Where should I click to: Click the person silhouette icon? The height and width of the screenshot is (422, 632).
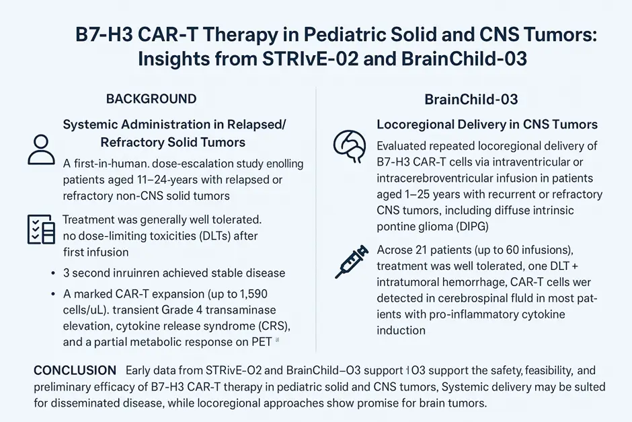click(41, 149)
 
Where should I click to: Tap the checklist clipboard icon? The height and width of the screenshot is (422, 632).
click(41, 229)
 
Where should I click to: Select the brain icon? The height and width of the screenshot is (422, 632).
click(350, 145)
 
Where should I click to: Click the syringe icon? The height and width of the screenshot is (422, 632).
click(352, 261)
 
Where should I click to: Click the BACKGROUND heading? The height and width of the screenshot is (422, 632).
click(151, 99)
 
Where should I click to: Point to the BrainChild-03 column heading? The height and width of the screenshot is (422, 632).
click(471, 100)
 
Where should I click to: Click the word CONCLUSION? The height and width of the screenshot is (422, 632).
click(75, 370)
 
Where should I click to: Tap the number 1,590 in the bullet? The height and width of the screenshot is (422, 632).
click(253, 293)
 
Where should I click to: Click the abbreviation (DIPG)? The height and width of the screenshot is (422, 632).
click(473, 226)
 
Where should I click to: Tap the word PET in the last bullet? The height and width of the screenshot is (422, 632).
click(262, 342)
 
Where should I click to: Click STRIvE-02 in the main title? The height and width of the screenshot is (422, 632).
click(310, 59)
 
